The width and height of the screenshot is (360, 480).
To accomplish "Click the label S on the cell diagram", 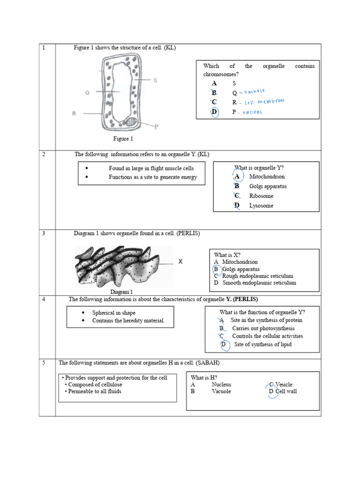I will [155, 80].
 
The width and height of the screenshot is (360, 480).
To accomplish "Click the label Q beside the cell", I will [87, 93].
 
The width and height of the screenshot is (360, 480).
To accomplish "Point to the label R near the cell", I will [74, 113].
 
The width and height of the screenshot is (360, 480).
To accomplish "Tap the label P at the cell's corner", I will [156, 126].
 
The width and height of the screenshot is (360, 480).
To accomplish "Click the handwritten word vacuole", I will [255, 91].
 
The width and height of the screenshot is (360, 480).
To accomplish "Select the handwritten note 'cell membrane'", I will [264, 102].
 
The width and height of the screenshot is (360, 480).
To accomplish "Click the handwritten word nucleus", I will [253, 112].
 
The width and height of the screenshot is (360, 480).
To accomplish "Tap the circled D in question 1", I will [214, 112].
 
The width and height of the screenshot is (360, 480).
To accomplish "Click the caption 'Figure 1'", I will [123, 139].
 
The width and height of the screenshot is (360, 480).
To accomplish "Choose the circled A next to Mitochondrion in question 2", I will [237, 176].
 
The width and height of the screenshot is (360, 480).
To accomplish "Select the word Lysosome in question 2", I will [261, 206].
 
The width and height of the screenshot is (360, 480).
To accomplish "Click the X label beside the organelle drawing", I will [180, 262].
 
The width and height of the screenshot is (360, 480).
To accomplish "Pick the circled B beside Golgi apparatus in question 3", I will [216, 270].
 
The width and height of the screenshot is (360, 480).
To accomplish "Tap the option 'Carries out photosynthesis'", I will [263, 329].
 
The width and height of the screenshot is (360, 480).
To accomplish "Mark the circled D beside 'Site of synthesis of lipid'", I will [224, 345].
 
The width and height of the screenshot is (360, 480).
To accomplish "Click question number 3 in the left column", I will [43, 233].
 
